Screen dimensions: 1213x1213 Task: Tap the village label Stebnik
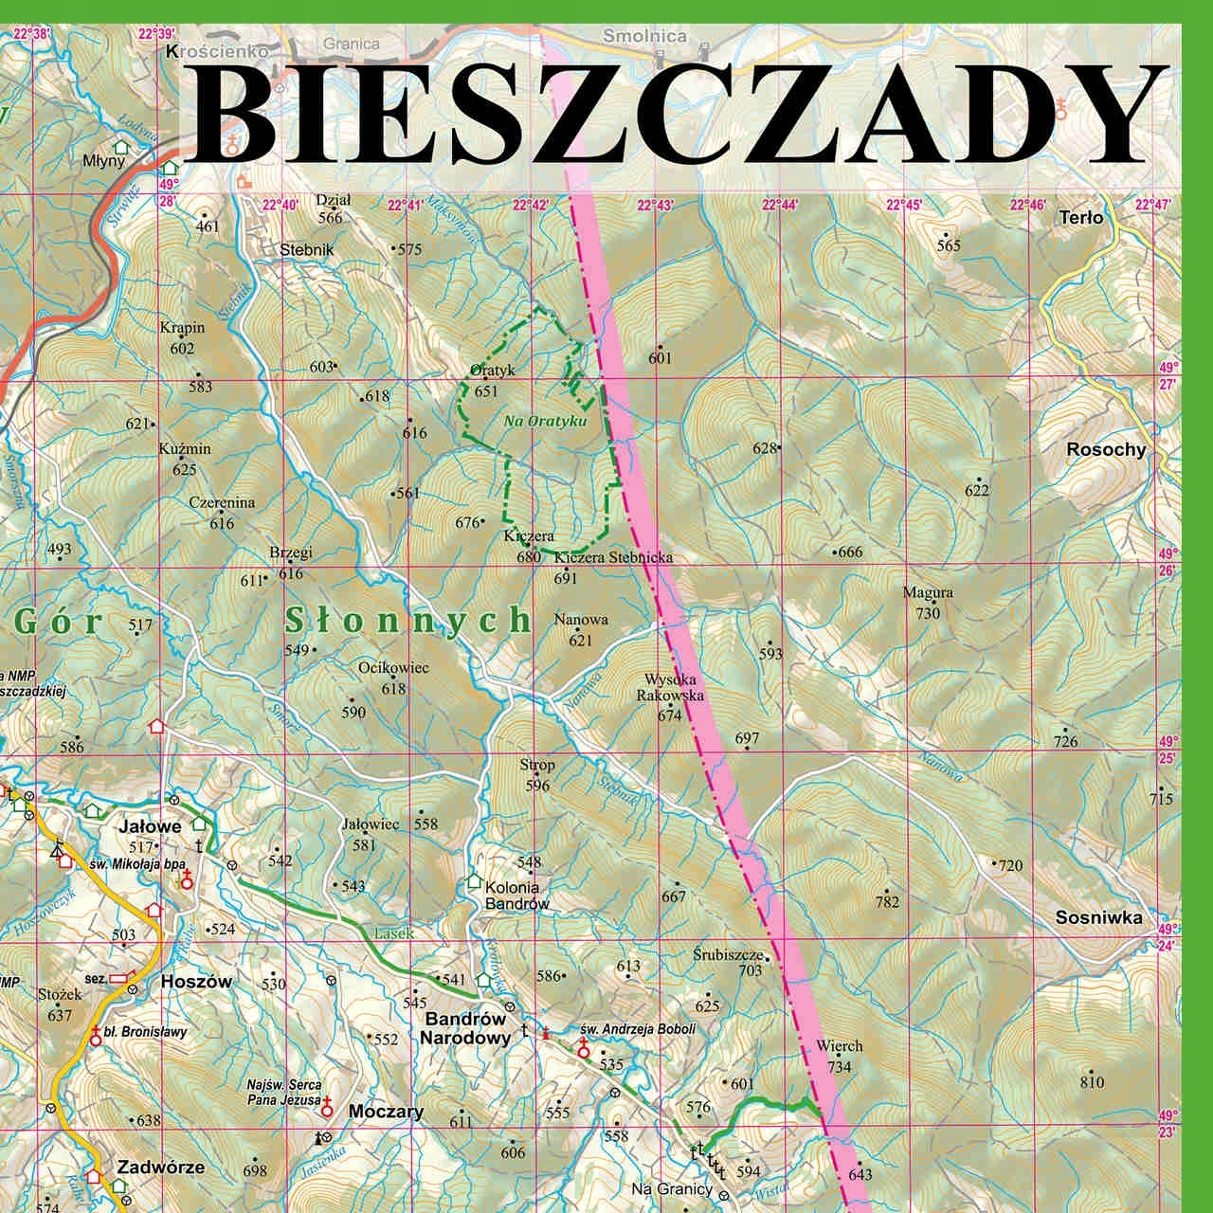coord(308,250)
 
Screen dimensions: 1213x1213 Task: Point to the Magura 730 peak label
coord(928,603)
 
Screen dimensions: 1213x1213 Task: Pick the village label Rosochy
coord(1106,450)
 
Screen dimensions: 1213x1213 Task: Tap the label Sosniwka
coord(1099,917)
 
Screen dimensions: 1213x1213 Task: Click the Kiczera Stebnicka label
coord(613,557)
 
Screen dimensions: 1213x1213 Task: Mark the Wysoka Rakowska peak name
coord(670,687)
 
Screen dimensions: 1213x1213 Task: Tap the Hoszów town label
coord(196,982)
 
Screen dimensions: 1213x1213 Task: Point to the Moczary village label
coord(386,1112)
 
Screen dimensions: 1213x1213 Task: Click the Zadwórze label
coord(161,1168)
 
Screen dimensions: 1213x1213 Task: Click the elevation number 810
coord(1092,1082)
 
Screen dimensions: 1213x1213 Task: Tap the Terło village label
coord(1081,218)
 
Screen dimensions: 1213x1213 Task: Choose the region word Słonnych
coord(408,621)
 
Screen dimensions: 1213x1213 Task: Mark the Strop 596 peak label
coord(537,774)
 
